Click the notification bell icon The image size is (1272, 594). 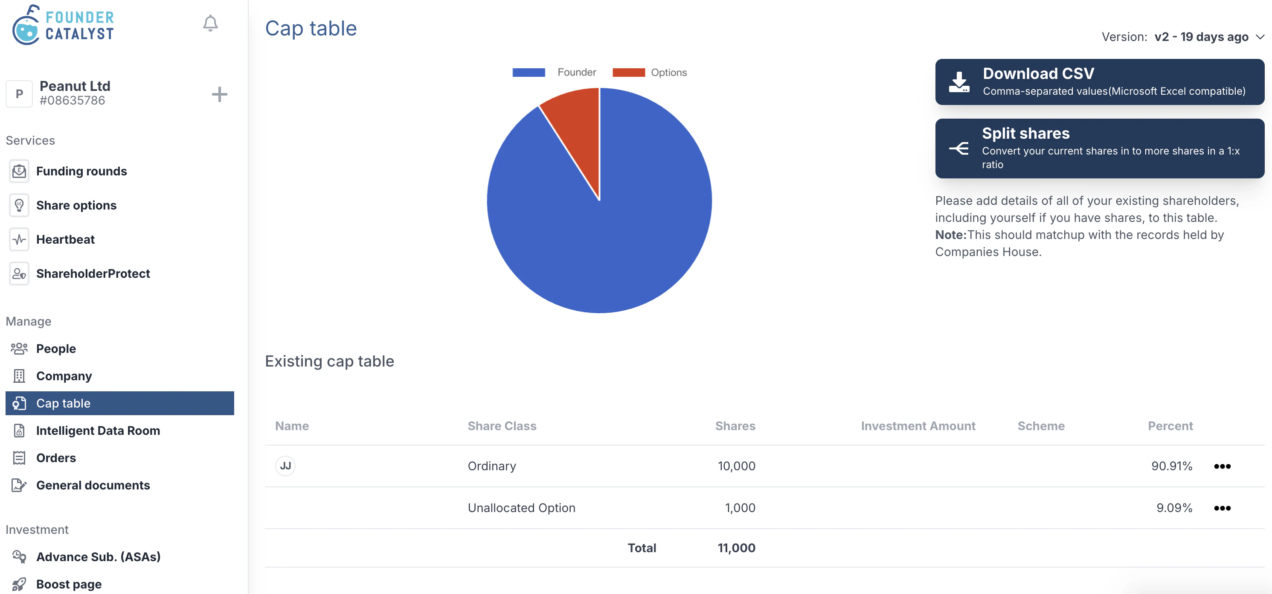tap(210, 23)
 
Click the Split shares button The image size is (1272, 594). tap(1099, 148)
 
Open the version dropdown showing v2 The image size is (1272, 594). tap(1201, 37)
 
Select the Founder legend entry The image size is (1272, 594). tap(554, 73)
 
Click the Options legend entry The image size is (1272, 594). tap(649, 73)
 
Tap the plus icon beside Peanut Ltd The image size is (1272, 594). tap(219, 94)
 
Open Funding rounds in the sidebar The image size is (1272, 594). tap(81, 171)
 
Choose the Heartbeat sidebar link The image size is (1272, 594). tap(65, 239)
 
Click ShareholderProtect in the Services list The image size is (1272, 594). tap(93, 273)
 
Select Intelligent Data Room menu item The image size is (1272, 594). tap(98, 431)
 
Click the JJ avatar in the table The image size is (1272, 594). tap(285, 466)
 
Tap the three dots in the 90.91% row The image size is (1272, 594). tap(1222, 466)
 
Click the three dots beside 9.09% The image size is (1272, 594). tap(1222, 508)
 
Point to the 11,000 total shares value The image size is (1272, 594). tap(736, 547)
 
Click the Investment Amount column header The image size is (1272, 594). tap(918, 426)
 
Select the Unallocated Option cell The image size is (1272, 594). tap(521, 508)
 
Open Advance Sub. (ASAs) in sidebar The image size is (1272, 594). tap(98, 556)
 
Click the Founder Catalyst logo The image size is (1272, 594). tap(63, 25)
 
